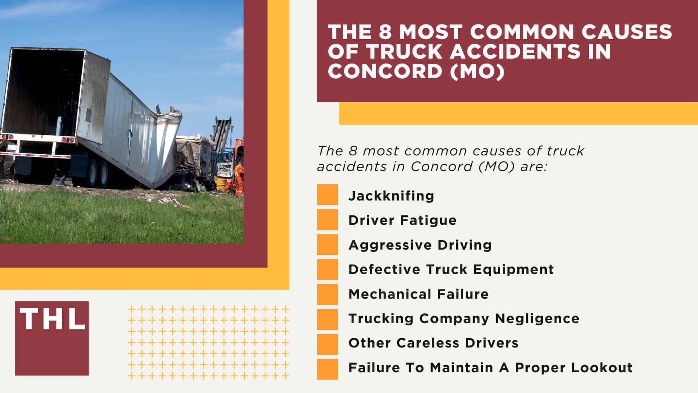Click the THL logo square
52,338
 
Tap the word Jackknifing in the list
391,196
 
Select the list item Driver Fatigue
402,220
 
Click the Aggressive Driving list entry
420,245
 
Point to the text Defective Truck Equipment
451,269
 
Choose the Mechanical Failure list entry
418,294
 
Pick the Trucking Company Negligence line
464,318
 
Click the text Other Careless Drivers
433,343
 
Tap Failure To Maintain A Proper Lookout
490,368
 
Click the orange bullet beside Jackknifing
327,195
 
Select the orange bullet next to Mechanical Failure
327,294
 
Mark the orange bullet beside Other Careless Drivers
327,344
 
